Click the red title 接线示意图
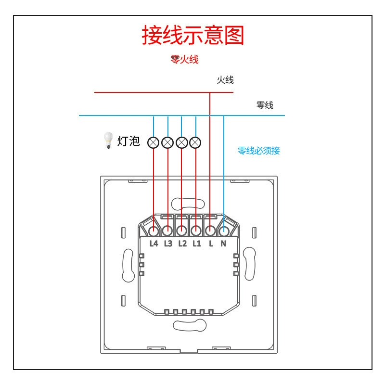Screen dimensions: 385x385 pos(193,35)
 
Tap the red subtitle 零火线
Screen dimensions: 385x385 pos(184,59)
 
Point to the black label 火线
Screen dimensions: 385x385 pos(225,80)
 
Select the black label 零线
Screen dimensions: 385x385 pos(265,105)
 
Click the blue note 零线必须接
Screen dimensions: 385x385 pos(258,151)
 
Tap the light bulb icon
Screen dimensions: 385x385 pos(108,140)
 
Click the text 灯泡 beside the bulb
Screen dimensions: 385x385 pos(128,141)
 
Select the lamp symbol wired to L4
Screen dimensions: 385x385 pos(153,142)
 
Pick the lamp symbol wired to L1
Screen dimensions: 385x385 pos(195,142)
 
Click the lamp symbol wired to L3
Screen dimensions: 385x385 pos(167,142)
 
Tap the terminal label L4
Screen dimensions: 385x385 pos(154,244)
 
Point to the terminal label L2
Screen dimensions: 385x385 pos(182,244)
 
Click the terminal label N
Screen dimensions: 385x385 pos(223,244)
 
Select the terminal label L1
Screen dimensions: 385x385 pos(197,244)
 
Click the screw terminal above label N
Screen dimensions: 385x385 pos(224,231)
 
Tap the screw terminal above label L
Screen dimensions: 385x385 pos(210,231)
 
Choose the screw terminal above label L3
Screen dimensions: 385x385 pos(167,231)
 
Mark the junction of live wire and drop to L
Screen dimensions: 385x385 pos(210,92)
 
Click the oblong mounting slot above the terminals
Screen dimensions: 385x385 pos(188,204)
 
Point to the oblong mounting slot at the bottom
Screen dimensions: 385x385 pos(190,325)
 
